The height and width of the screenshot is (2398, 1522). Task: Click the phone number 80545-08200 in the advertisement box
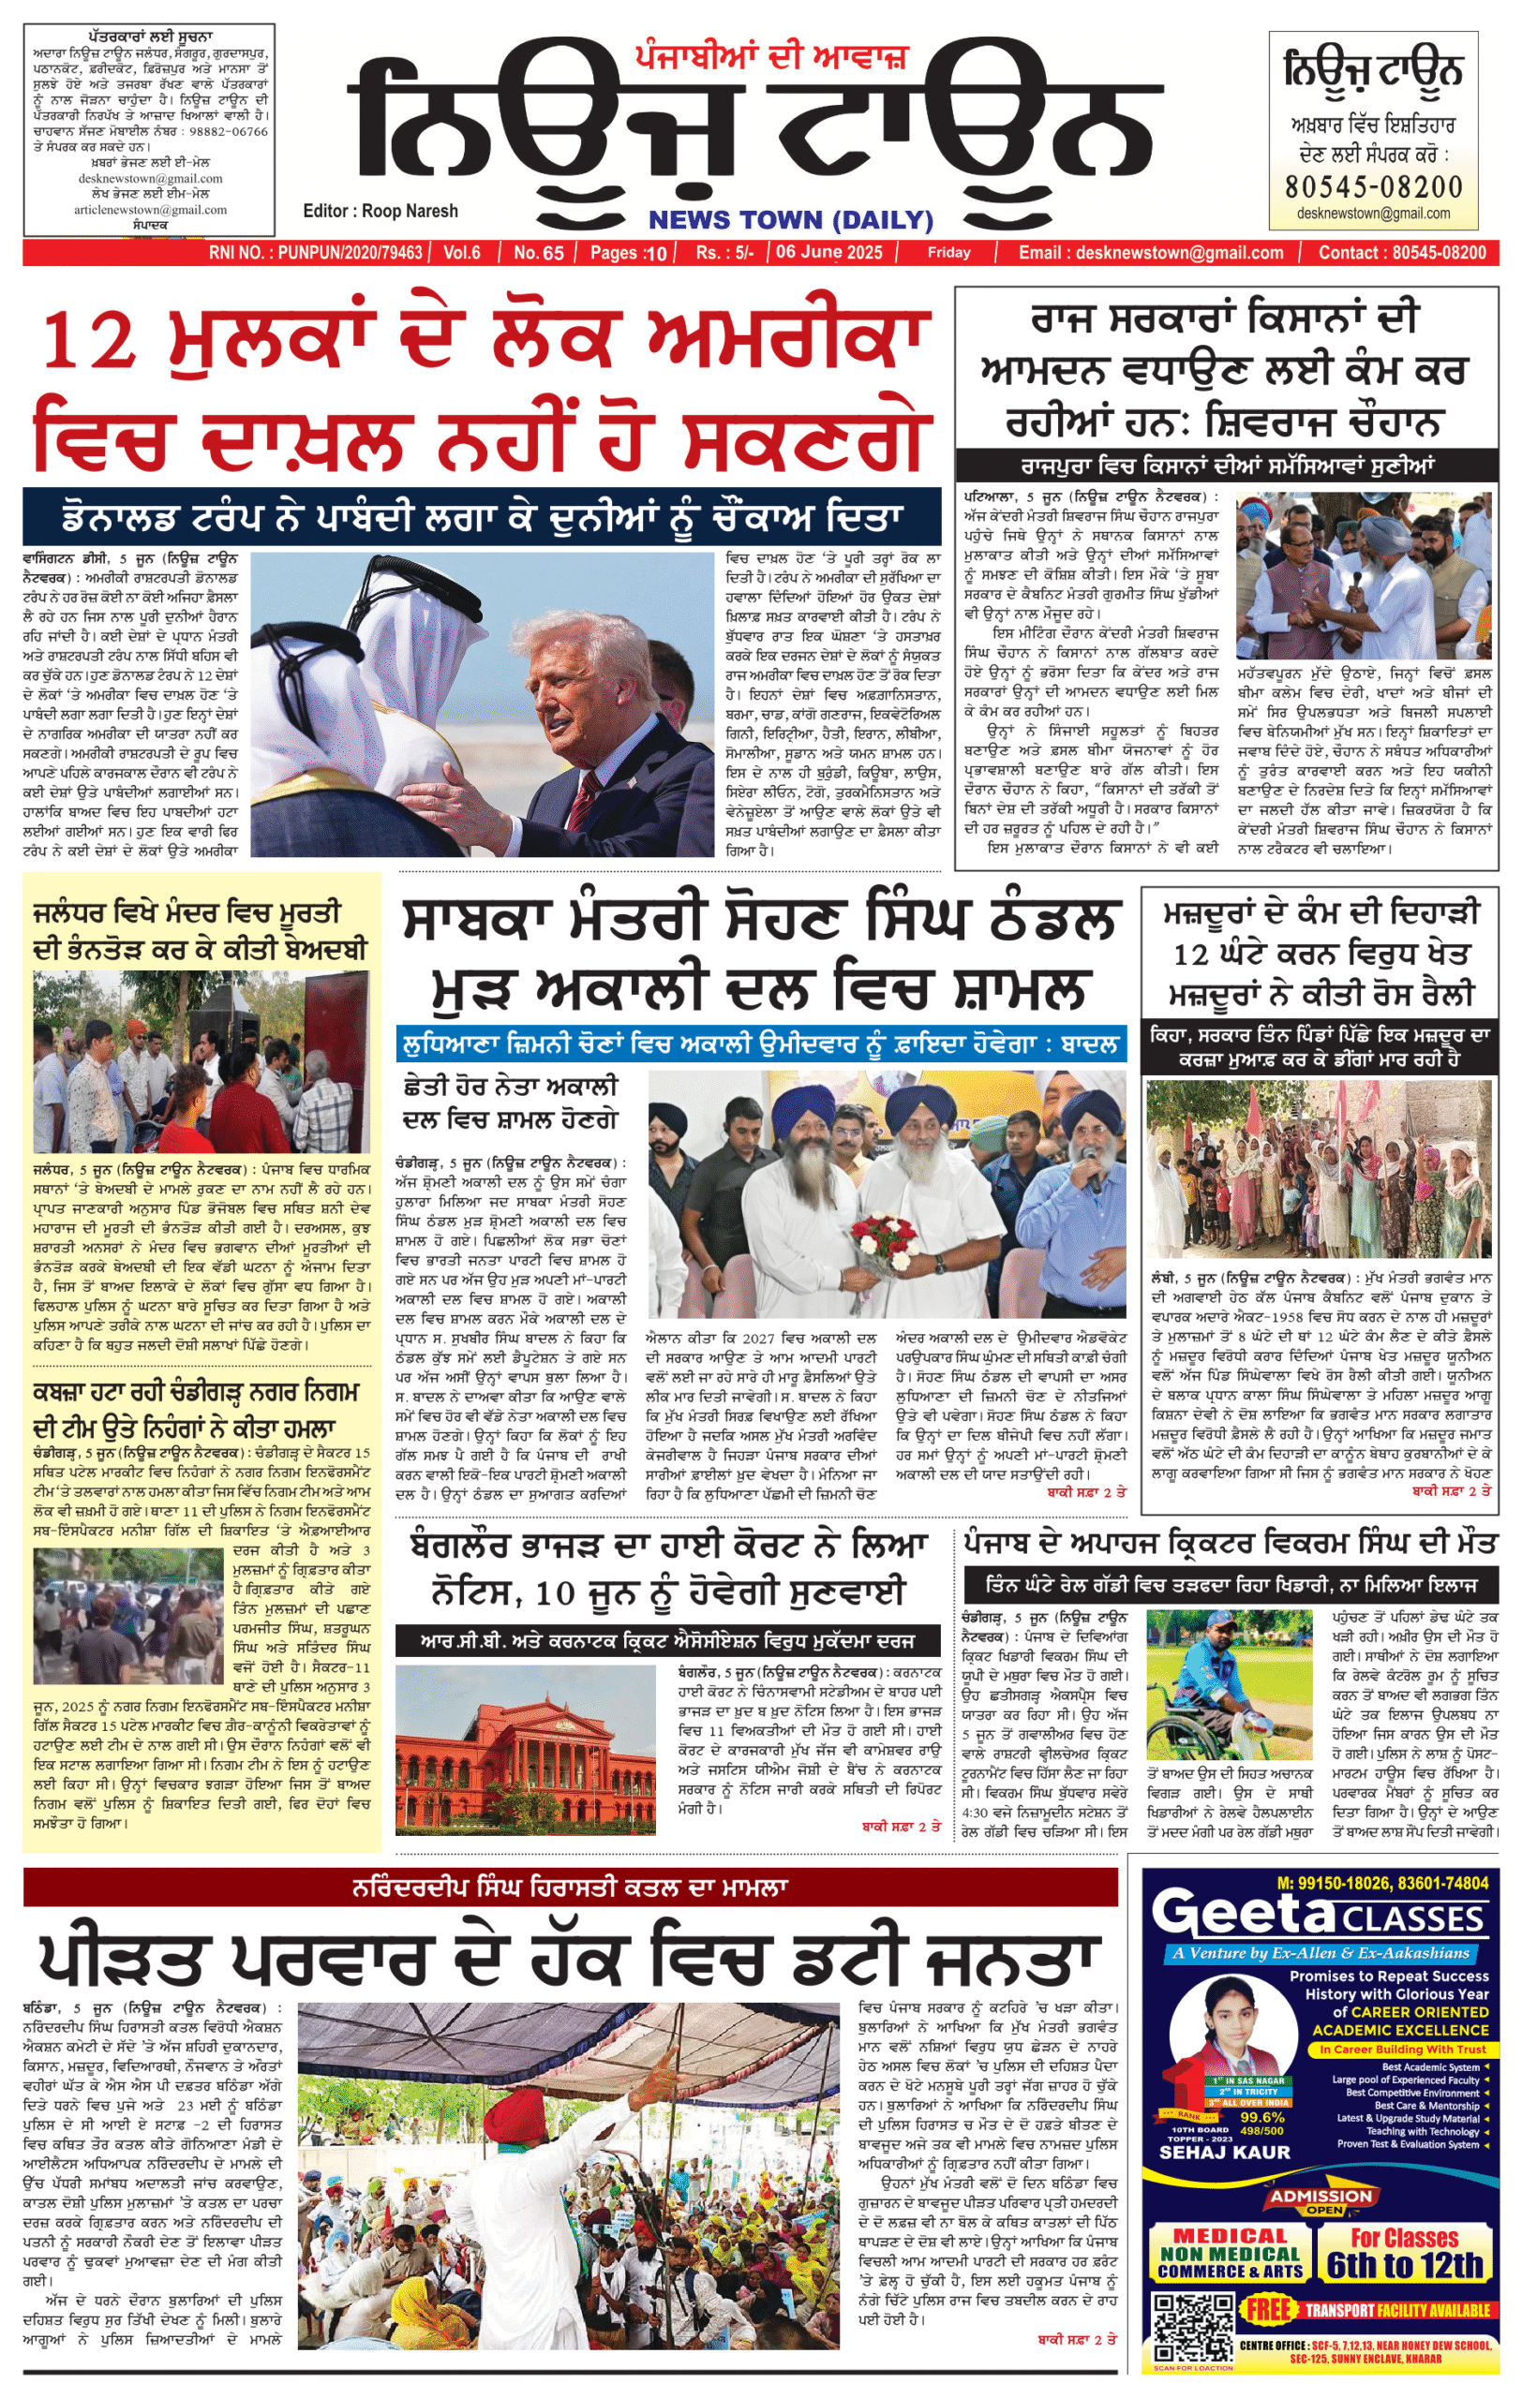1374,186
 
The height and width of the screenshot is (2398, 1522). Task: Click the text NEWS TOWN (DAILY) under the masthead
791,220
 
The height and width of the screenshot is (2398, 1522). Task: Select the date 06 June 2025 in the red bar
828,253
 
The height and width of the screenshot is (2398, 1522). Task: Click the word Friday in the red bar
948,253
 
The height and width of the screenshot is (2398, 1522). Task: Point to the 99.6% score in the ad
1262,2117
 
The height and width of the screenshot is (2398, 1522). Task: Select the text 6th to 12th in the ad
1405,2266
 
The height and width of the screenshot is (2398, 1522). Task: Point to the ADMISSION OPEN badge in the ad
1321,2202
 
